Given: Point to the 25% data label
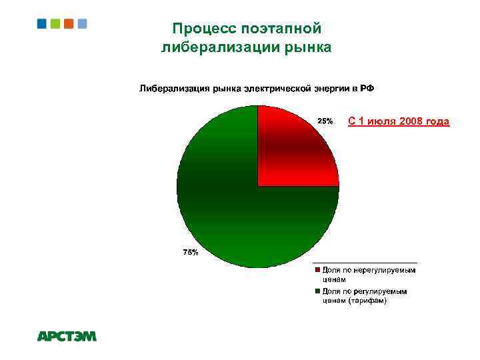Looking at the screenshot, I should [325, 121].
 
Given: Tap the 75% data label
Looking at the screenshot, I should [190, 252].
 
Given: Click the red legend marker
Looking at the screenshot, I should [318, 270].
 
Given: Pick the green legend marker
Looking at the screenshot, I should [318, 291].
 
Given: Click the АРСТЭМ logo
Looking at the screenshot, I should [67, 337].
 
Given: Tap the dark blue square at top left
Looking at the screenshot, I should [42, 23].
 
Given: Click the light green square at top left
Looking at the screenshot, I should [55, 23].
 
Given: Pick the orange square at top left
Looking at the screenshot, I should [69, 23].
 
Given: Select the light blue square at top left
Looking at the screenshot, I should [82, 23].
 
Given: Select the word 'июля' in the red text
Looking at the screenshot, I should [379, 121].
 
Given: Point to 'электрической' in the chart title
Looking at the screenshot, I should [274, 88].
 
